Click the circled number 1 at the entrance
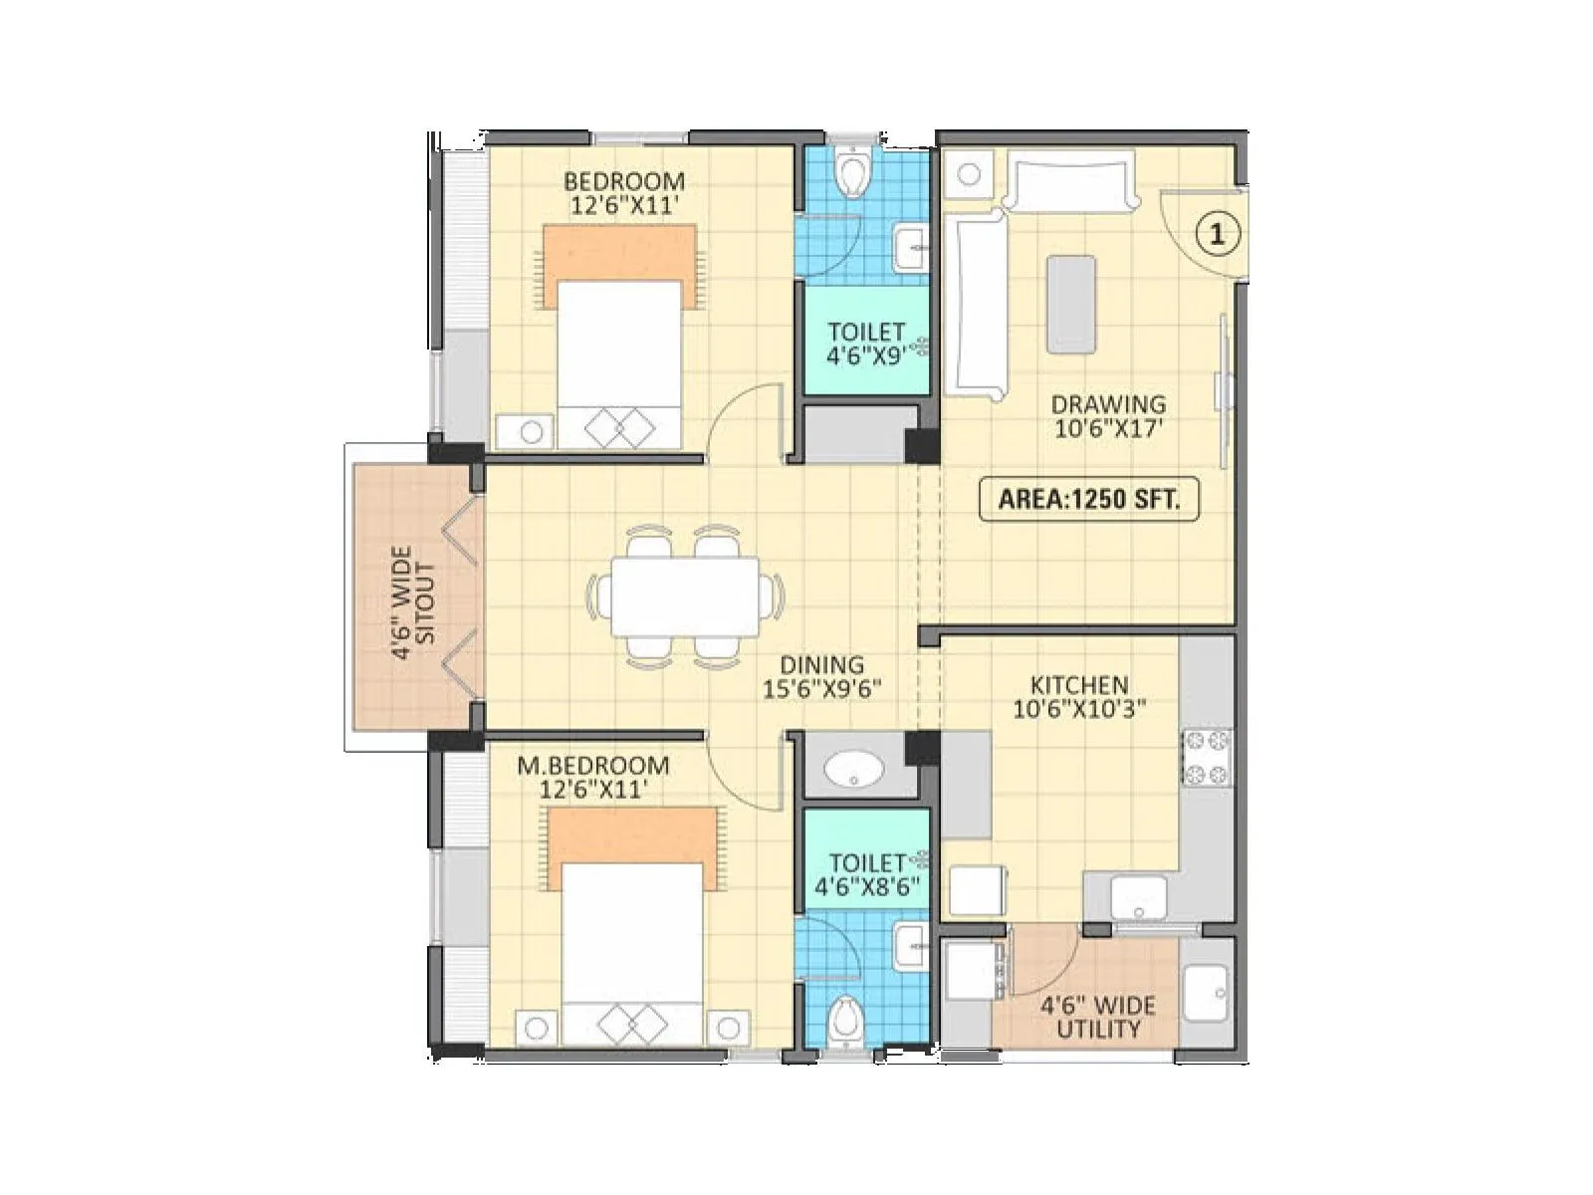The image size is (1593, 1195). pos(1216,234)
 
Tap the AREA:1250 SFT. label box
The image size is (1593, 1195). pos(1088,499)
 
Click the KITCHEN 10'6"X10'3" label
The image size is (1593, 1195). pos(1079,697)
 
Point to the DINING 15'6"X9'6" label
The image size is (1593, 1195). pos(822,677)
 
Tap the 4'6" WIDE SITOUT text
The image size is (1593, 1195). pos(413,602)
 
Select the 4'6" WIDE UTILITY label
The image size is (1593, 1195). pos(1097,1017)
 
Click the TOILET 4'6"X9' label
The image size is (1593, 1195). pos(865,344)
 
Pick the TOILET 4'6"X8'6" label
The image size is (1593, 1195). pos(866,874)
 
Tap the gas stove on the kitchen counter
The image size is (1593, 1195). pos(1207,757)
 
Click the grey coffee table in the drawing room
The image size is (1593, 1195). pos(1071,304)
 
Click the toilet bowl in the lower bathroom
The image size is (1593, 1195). pos(846,1020)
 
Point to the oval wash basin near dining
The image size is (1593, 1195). pos(854,769)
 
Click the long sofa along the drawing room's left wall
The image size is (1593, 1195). pos(977,304)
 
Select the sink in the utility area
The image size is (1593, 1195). pos(1206,992)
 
